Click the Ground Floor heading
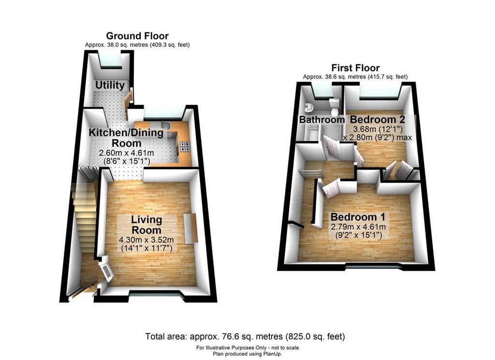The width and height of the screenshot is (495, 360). (137, 36)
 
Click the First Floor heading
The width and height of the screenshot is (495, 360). (355, 68)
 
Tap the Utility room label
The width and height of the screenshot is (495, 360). (110, 85)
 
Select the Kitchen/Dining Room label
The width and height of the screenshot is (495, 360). (126, 138)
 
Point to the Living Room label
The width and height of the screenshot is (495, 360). (146, 225)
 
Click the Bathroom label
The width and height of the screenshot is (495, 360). (321, 119)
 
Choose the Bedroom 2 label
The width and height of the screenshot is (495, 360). (378, 119)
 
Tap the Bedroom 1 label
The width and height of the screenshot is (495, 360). (358, 217)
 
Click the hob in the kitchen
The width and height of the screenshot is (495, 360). (185, 147)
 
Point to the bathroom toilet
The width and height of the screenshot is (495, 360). (334, 106)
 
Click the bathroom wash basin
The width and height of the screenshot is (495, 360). (308, 108)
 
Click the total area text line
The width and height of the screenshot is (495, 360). (245, 336)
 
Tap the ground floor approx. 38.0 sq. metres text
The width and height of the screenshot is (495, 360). (137, 45)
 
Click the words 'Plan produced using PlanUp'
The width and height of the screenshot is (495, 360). (247, 354)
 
